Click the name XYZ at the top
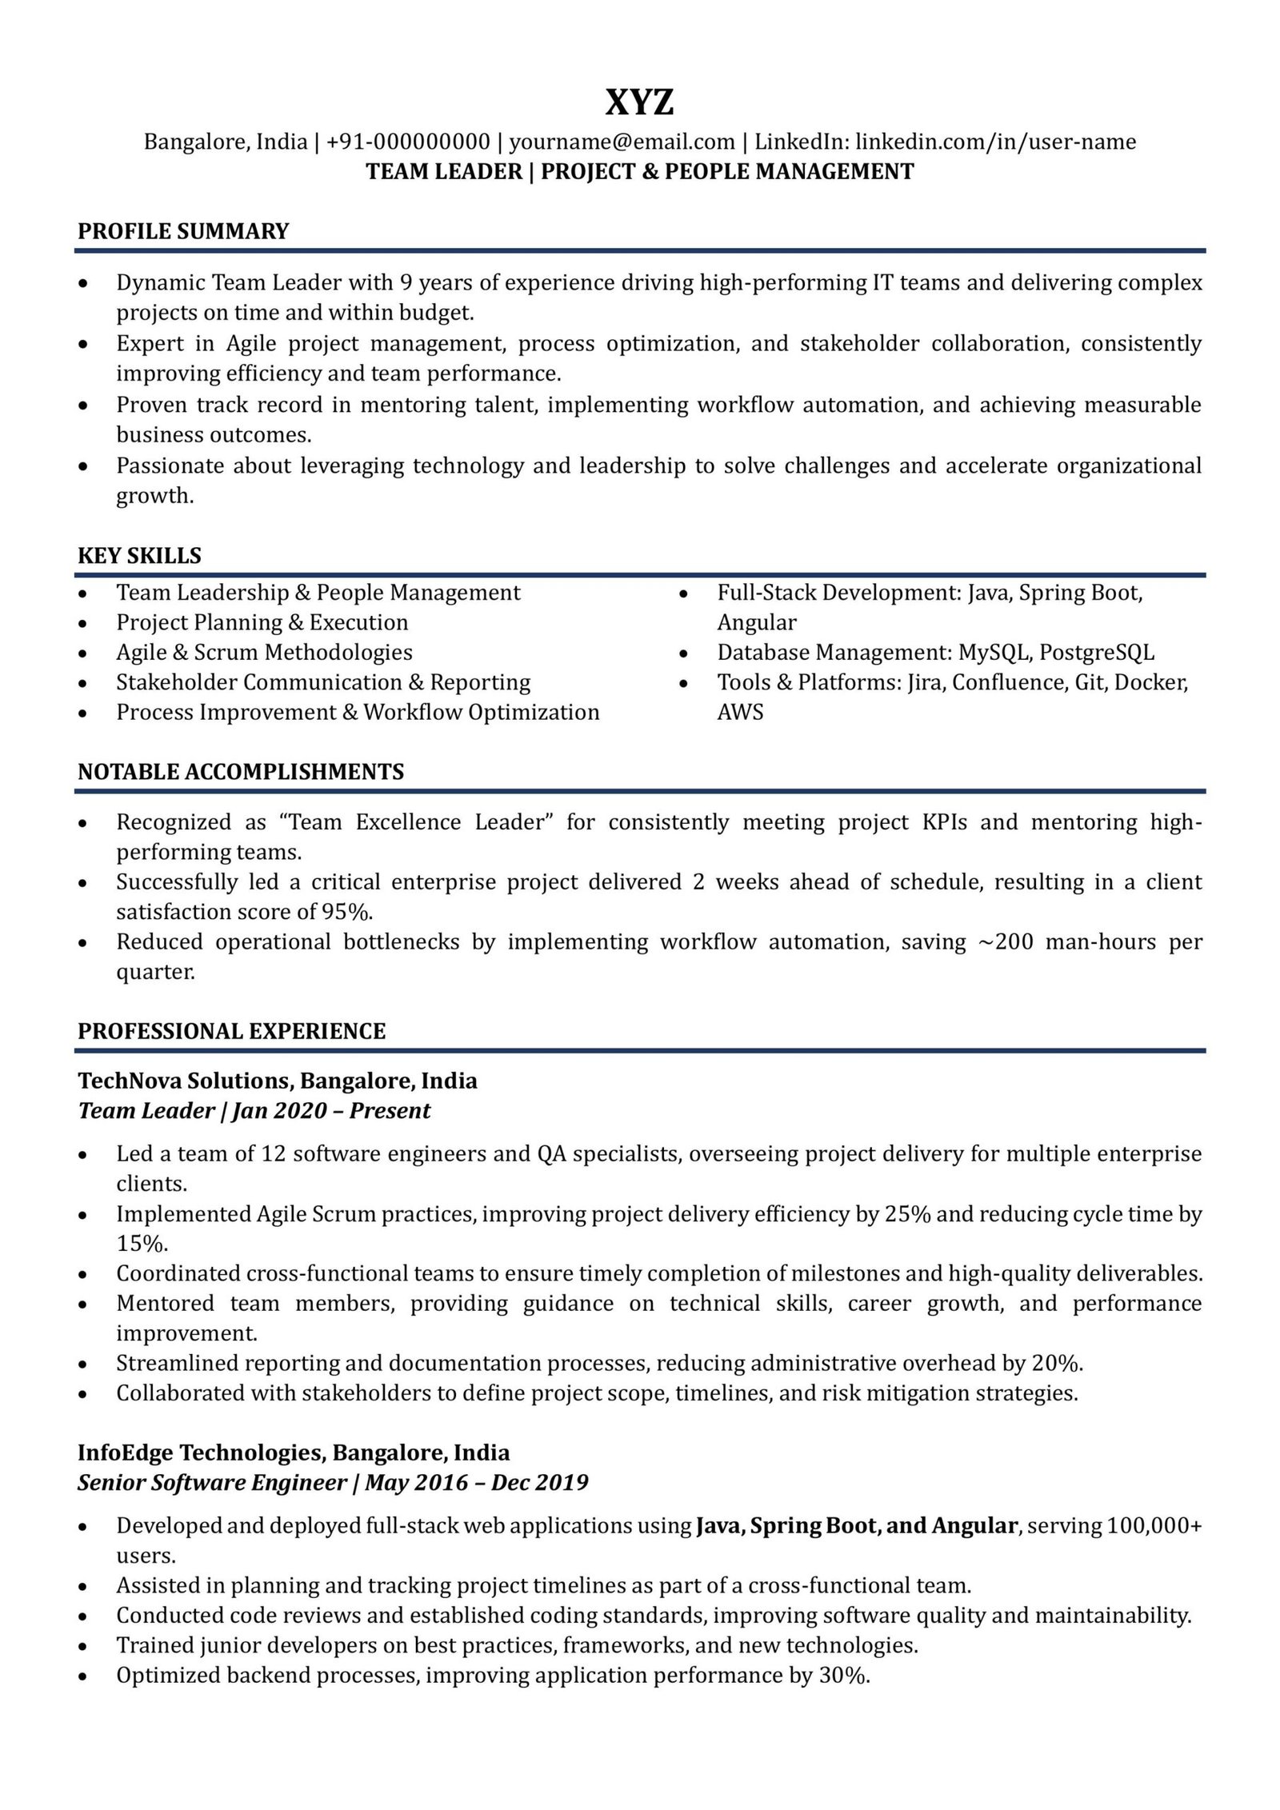point(639,103)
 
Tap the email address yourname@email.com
point(622,142)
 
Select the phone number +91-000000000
point(408,142)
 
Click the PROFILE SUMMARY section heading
point(183,231)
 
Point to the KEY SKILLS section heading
point(139,556)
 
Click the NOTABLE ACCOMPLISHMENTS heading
point(241,772)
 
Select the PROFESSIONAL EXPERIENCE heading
point(231,1031)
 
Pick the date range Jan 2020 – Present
point(331,1111)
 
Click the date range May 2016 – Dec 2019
point(477,1483)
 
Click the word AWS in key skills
point(740,713)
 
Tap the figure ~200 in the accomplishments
point(1007,942)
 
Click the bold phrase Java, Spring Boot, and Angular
point(856,1526)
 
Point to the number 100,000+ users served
point(1154,1526)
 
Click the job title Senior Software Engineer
point(212,1483)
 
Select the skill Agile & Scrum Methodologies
point(264,653)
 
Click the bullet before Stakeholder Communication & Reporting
point(83,684)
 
